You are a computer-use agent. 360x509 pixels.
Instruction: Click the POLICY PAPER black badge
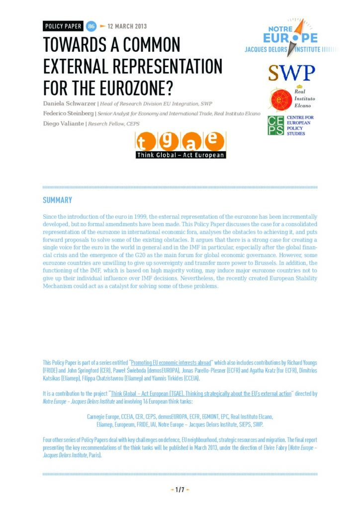tap(64, 26)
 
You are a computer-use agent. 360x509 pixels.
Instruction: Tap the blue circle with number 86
tap(91, 26)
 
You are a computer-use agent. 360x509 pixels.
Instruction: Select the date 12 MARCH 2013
tap(127, 26)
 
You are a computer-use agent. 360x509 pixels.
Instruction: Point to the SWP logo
tap(291, 73)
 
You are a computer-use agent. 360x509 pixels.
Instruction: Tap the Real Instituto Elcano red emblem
tap(278, 99)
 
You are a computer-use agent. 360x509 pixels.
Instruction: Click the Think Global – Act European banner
tap(181, 155)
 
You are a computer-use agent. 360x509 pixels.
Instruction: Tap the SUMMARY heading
tap(57, 200)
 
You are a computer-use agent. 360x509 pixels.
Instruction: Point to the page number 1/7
tap(180, 490)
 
